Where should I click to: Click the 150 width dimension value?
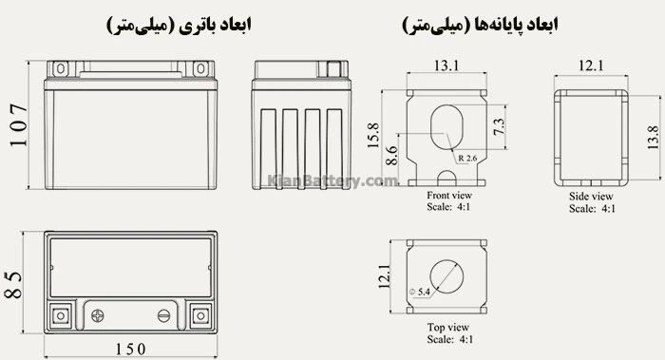click(x=132, y=349)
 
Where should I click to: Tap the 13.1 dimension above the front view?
click(x=446, y=66)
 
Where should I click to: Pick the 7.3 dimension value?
click(x=498, y=124)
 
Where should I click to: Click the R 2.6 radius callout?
click(x=466, y=158)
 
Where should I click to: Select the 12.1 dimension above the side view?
click(x=592, y=66)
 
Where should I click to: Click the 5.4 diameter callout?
click(x=421, y=290)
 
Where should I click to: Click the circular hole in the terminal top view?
click(x=446, y=274)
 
